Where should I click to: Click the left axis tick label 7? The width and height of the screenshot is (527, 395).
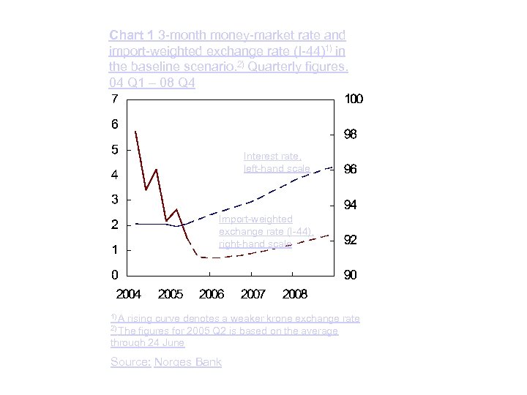tap(115, 99)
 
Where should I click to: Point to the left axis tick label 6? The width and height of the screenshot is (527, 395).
tap(115, 124)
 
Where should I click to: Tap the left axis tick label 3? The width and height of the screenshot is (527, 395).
tap(115, 200)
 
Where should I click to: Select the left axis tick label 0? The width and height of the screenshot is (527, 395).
tap(115, 275)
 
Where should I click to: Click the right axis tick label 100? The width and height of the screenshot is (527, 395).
tap(354, 99)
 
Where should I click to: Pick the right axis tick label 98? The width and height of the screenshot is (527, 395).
tap(351, 135)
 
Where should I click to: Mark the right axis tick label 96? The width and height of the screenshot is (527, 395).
tap(351, 170)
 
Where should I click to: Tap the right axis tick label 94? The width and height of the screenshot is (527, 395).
tap(351, 205)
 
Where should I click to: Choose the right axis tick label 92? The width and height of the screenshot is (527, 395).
tap(351, 240)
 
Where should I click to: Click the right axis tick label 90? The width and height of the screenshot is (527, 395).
tap(351, 275)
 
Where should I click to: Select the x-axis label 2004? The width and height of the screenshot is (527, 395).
tap(129, 294)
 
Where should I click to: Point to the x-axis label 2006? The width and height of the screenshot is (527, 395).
tap(212, 294)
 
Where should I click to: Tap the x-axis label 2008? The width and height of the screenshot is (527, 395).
tap(295, 294)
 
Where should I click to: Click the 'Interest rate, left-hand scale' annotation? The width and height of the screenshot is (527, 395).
tap(277, 162)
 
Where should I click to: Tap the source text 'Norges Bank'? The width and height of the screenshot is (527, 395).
tap(187, 362)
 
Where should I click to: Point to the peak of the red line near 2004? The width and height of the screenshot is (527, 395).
tap(136, 132)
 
